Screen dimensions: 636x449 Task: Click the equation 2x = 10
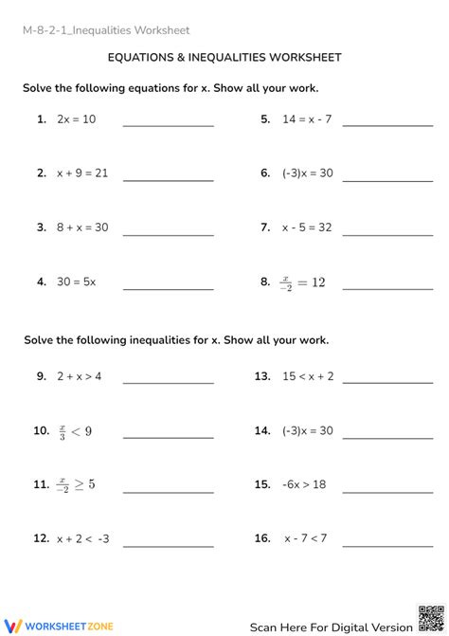tap(76, 119)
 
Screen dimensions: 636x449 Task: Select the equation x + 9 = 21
tap(82, 173)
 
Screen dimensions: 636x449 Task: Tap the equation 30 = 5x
tap(76, 282)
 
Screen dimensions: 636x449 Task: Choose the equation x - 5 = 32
tap(307, 227)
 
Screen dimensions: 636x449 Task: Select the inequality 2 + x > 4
tap(79, 376)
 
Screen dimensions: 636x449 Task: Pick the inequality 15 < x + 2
tap(308, 376)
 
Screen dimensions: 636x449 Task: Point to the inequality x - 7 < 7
tap(305, 538)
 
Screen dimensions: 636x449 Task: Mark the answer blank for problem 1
tap(169, 125)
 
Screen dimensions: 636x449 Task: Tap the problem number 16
tap(262, 538)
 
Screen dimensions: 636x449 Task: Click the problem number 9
tap(42, 376)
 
